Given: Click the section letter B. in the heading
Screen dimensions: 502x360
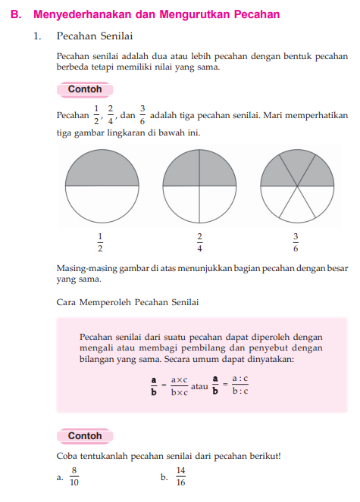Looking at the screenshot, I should tap(16, 14).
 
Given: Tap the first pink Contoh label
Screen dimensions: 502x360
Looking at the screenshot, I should tap(85, 89).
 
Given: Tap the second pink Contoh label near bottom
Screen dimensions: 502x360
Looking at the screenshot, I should tap(85, 436).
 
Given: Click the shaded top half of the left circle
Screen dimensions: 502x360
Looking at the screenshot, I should tap(101, 168).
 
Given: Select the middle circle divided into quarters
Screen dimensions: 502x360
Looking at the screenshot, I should tap(199, 186).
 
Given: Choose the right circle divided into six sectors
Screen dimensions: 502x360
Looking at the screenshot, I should tap(296, 186).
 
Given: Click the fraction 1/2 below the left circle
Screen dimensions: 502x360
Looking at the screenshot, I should tap(100, 242).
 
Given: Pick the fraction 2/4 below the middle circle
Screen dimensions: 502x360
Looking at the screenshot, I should tap(199, 242).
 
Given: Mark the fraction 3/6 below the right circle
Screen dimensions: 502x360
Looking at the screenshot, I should tap(296, 242).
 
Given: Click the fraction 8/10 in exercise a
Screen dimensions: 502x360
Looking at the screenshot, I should tap(74, 476).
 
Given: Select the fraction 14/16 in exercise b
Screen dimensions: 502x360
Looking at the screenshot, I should tap(180, 476).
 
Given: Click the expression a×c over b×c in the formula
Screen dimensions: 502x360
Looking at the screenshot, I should tap(179, 385).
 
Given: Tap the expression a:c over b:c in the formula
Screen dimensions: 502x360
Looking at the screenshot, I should tap(240, 385).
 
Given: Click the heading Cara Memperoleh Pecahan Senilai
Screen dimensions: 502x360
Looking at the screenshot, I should tap(128, 302).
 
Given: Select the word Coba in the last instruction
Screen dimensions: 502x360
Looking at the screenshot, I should tap(67, 455).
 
